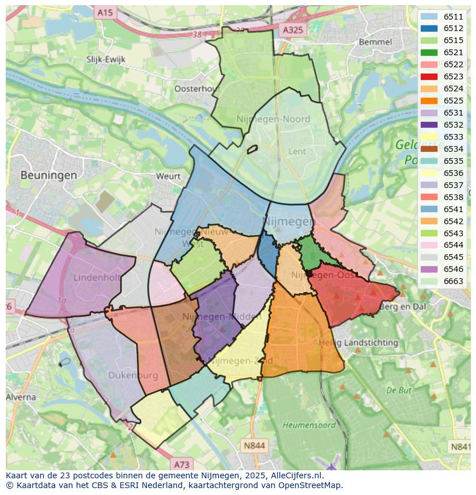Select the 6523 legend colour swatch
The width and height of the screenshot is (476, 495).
click(x=429, y=76)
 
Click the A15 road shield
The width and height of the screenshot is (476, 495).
click(x=105, y=12)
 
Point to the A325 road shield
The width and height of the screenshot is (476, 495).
click(x=294, y=29)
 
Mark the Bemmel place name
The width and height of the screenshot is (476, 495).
click(x=375, y=42)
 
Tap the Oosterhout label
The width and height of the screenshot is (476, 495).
click(x=197, y=89)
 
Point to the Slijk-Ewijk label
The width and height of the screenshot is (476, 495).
click(x=106, y=59)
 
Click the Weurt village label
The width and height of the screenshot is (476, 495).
click(x=168, y=176)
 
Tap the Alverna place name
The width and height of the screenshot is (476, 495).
click(x=21, y=397)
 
